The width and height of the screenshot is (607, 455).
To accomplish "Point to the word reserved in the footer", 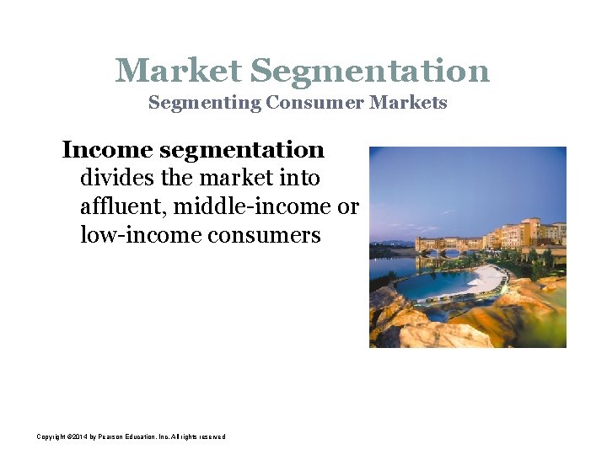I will [212, 436].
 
